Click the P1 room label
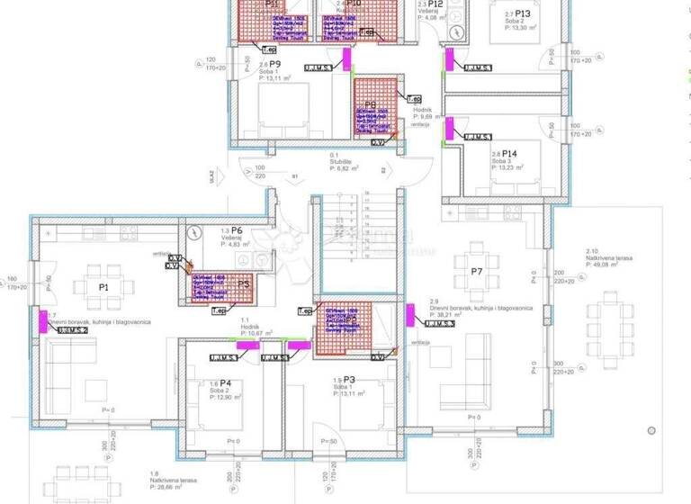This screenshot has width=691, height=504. pyautogui.click(x=103, y=287)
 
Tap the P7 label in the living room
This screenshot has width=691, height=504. pyautogui.click(x=477, y=271)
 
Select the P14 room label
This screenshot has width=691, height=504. pyautogui.click(x=508, y=154)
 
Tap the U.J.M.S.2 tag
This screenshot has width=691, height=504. pyautogui.click(x=72, y=330)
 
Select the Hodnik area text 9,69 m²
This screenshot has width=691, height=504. pyautogui.click(x=426, y=117)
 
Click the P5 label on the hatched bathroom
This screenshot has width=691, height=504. pyautogui.click(x=243, y=283)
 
